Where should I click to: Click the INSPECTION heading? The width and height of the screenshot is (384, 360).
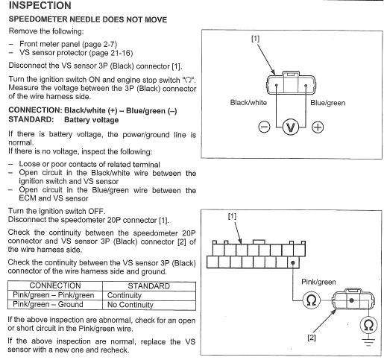(x=40, y=5)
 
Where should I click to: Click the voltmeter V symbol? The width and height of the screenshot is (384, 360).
(x=291, y=127)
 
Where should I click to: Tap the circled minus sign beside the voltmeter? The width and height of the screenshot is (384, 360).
(x=264, y=127)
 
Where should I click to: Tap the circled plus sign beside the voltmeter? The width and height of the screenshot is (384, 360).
(x=318, y=127)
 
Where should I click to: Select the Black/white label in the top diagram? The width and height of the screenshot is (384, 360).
(x=248, y=103)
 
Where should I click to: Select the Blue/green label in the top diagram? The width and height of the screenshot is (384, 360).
(x=327, y=103)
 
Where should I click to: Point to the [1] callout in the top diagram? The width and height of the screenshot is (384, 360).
(x=255, y=39)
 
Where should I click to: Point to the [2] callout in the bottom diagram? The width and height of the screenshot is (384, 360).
(x=312, y=338)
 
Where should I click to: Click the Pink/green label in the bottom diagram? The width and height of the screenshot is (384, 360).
(x=318, y=282)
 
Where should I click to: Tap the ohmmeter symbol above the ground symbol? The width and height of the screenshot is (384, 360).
(x=368, y=325)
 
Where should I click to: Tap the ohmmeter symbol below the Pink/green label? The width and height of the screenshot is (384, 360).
(x=311, y=300)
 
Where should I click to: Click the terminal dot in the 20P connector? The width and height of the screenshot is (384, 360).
(x=293, y=262)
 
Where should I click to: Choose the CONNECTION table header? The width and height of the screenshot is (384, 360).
(x=55, y=285)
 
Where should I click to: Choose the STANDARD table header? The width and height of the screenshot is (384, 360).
(x=148, y=286)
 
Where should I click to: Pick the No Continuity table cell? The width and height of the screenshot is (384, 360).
(x=130, y=305)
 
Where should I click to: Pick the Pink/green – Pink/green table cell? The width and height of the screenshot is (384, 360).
(x=54, y=295)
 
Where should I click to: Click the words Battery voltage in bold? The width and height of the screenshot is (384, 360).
(x=91, y=120)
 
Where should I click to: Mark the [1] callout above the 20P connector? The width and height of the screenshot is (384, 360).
(x=232, y=216)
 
